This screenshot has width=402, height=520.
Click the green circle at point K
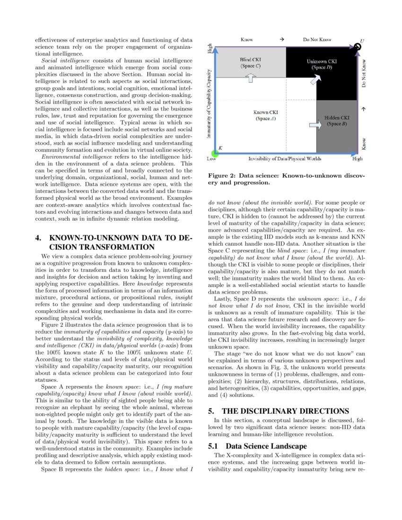coord(215,153)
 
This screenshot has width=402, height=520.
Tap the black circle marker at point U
coord(358,46)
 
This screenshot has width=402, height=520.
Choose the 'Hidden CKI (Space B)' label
coord(337,121)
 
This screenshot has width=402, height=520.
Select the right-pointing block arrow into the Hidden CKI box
coord(314,125)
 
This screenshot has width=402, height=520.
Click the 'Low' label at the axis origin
coord(212,159)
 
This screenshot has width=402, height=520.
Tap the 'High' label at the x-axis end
coord(357,159)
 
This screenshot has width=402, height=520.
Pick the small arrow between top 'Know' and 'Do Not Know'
coord(281,40)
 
